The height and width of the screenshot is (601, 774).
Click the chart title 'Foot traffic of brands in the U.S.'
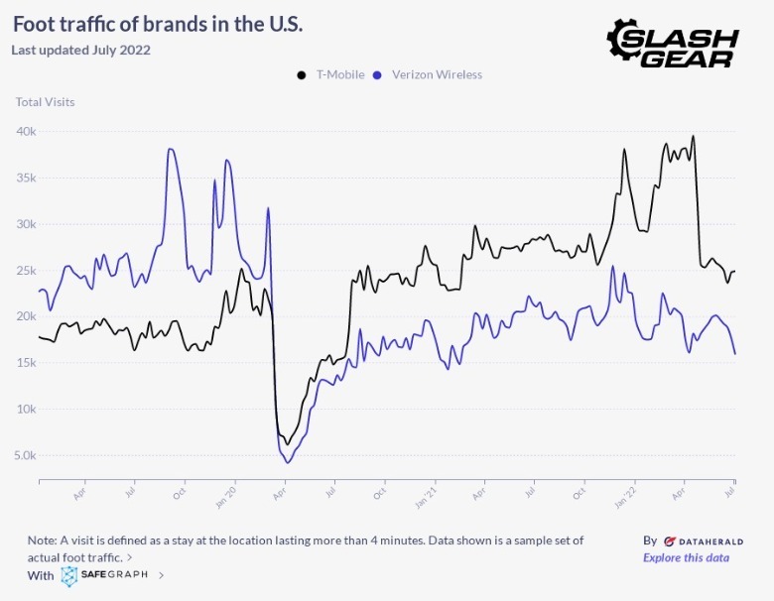[158, 23]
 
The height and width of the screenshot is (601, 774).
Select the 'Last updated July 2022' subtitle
[80, 50]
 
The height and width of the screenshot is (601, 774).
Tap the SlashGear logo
[673, 43]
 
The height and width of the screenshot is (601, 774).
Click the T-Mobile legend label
[340, 75]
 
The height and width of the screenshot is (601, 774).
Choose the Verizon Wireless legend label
[437, 75]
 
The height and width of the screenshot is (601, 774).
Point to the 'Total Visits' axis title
[45, 102]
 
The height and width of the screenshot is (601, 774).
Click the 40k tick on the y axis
[26, 132]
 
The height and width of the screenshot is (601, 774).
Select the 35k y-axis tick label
[26, 179]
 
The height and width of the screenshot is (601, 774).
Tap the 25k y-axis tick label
[26, 271]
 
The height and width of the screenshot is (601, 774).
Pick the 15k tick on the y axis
[26, 363]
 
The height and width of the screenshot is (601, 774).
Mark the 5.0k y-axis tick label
[24, 456]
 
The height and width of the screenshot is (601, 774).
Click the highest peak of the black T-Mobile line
[693, 137]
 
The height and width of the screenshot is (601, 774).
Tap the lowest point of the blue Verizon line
[288, 462]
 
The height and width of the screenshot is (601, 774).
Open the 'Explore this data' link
[686, 557]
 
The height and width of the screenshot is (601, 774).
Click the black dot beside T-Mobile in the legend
[302, 75]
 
